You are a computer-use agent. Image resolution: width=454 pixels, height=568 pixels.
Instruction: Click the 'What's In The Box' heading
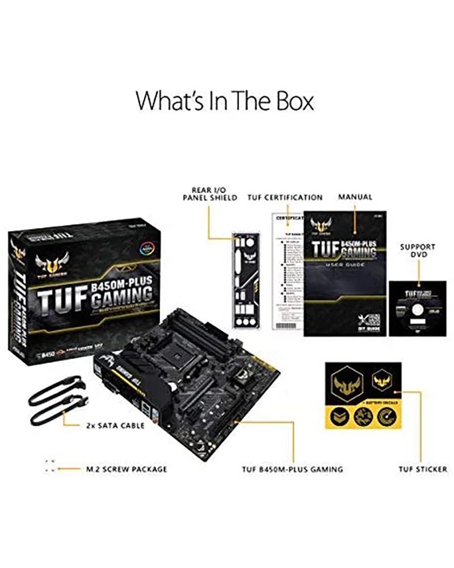click(x=225, y=102)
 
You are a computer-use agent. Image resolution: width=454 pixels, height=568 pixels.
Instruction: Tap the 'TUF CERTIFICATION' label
click(x=285, y=198)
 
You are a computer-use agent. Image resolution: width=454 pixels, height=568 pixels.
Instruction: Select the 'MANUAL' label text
click(x=355, y=197)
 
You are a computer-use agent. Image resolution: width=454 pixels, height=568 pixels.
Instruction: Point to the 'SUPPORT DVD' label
click(x=418, y=251)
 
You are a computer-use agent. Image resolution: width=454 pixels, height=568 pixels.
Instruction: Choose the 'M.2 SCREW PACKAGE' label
click(x=126, y=470)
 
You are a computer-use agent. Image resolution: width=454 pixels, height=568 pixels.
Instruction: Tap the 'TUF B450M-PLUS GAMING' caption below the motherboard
click(x=292, y=470)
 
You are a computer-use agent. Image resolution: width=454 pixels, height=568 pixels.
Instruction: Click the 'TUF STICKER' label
click(x=422, y=470)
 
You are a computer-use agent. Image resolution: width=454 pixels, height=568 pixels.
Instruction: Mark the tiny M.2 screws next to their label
click(x=50, y=466)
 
